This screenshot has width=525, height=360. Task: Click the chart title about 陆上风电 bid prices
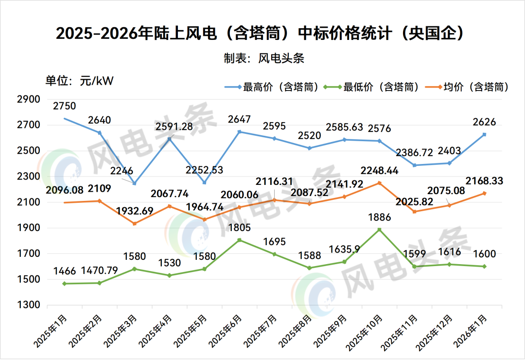[262, 34]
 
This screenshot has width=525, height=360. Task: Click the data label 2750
[65, 106]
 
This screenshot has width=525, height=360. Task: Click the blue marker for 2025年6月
[240, 132]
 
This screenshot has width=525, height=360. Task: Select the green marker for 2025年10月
[380, 230]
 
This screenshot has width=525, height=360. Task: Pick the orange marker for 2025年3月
[135, 224]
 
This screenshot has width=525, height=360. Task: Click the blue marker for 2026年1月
[485, 134]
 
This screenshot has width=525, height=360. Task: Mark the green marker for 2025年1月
[65, 284]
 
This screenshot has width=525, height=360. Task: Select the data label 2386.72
[413, 153]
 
